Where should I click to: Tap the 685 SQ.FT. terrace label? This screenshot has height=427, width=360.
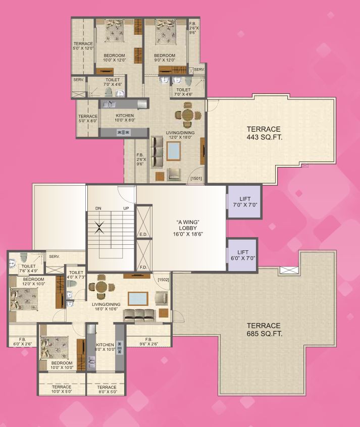pyautogui.click(x=264, y=330)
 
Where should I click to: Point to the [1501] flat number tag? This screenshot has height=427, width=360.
pyautogui.click(x=196, y=178)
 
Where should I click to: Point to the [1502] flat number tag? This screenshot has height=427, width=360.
pyautogui.click(x=163, y=279)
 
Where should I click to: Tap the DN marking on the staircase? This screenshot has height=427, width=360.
pyautogui.click(x=98, y=208)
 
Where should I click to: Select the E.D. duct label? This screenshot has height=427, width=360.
pyautogui.click(x=143, y=234)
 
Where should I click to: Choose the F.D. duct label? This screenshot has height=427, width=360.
pyautogui.click(x=143, y=267)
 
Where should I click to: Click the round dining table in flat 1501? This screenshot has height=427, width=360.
pyautogui.click(x=187, y=117)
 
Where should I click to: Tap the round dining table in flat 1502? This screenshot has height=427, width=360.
pyautogui.click(x=100, y=287)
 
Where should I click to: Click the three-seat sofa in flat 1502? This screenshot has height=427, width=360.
pyautogui.click(x=138, y=316)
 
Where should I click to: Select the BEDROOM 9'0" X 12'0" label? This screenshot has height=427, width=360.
pyautogui.click(x=165, y=58)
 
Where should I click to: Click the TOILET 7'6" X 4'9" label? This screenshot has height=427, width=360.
pyautogui.click(x=28, y=269)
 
